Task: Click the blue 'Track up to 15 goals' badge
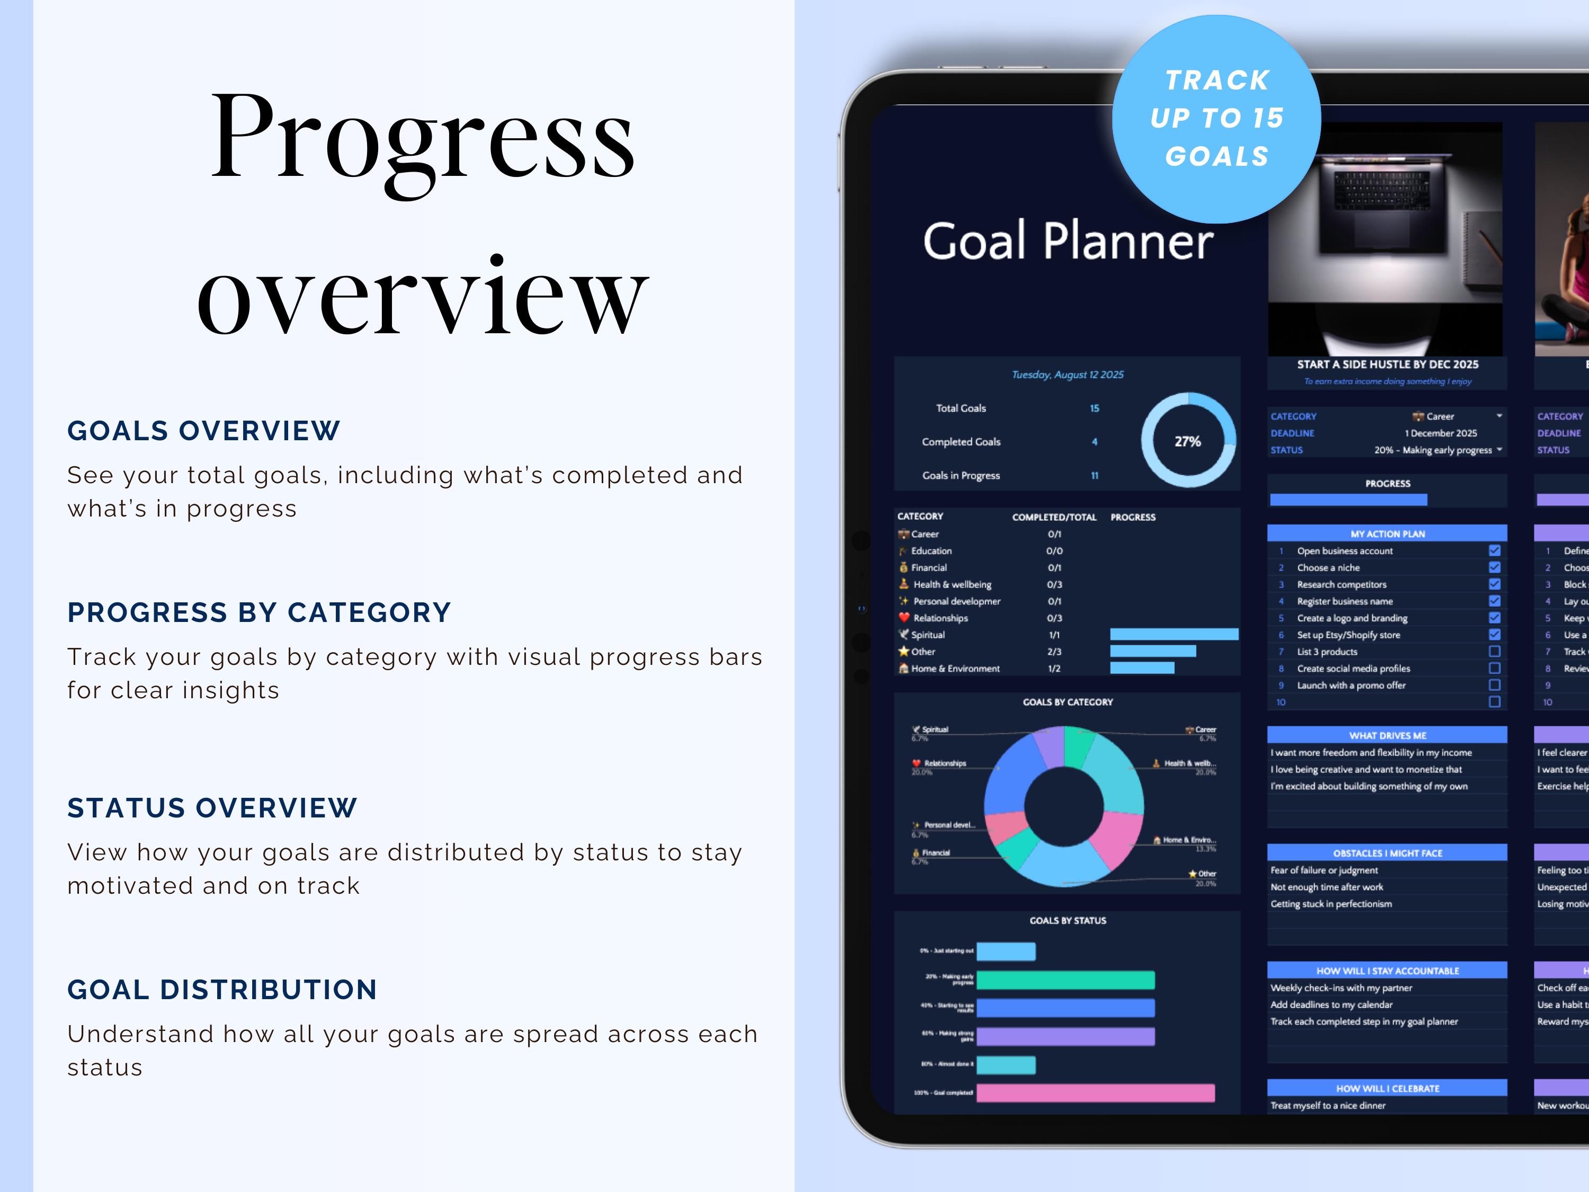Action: pyautogui.click(x=1216, y=119)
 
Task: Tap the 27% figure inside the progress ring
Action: pyautogui.click(x=1188, y=441)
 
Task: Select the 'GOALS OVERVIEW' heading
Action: pyautogui.click(x=203, y=430)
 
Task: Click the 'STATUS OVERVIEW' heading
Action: pyautogui.click(x=212, y=807)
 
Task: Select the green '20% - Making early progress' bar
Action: pyautogui.click(x=1065, y=980)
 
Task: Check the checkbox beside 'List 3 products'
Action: pyautogui.click(x=1494, y=652)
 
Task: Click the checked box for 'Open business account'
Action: pyautogui.click(x=1494, y=550)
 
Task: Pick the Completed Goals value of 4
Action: pyautogui.click(x=1094, y=442)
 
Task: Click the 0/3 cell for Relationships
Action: pyautogui.click(x=1054, y=618)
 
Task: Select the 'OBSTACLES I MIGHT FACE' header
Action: pyautogui.click(x=1387, y=853)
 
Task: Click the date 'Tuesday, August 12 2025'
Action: pyautogui.click(x=1067, y=375)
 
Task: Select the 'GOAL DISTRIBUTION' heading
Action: pyautogui.click(x=222, y=990)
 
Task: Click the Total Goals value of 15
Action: pyautogui.click(x=1094, y=408)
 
